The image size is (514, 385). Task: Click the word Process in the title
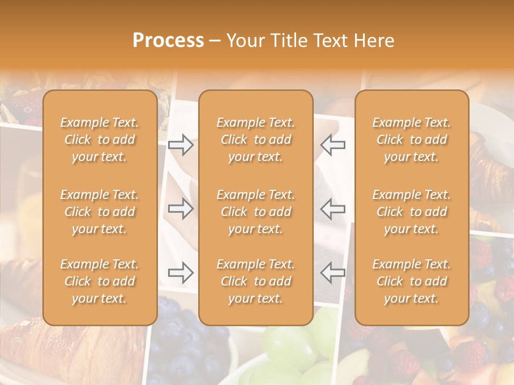click(x=168, y=41)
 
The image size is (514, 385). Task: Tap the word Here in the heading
click(x=373, y=41)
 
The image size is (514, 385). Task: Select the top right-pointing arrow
click(x=181, y=145)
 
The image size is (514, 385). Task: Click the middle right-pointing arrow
click(x=181, y=209)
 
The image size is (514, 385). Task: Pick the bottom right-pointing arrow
click(x=181, y=273)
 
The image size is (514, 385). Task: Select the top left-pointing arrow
click(x=332, y=145)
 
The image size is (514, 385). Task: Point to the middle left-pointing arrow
click(x=332, y=209)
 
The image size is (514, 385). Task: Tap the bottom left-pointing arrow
click(x=332, y=273)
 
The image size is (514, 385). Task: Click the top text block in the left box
click(x=100, y=140)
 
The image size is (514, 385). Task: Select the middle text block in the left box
click(x=100, y=212)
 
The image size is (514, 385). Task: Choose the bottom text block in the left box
click(x=100, y=281)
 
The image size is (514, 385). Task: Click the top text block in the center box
click(x=255, y=140)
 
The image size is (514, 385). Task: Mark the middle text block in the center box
click(x=255, y=212)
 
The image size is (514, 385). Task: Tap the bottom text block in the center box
click(x=255, y=281)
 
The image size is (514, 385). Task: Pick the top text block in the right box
click(x=411, y=140)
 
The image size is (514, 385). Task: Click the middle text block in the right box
click(x=411, y=212)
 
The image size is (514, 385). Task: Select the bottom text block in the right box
click(x=411, y=281)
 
